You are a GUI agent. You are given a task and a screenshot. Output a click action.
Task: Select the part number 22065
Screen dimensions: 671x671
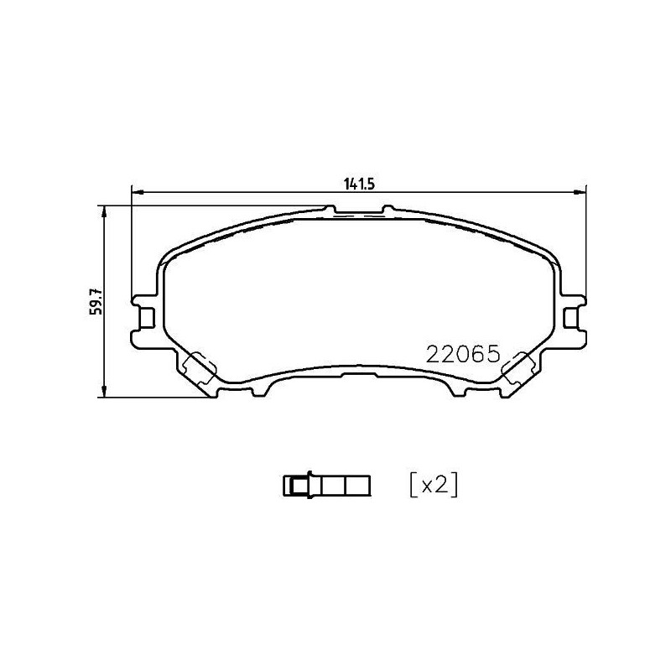coord(463,353)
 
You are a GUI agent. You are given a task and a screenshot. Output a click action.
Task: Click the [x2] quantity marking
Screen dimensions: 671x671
coord(432,485)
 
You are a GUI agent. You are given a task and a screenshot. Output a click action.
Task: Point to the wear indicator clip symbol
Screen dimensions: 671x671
coord(327,485)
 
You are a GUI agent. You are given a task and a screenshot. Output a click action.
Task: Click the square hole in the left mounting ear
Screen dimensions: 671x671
coord(147,317)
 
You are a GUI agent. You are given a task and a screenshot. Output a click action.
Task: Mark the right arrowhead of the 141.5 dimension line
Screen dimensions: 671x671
coord(580,193)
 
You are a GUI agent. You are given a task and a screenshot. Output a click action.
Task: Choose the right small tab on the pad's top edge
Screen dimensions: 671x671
coord(388,208)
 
